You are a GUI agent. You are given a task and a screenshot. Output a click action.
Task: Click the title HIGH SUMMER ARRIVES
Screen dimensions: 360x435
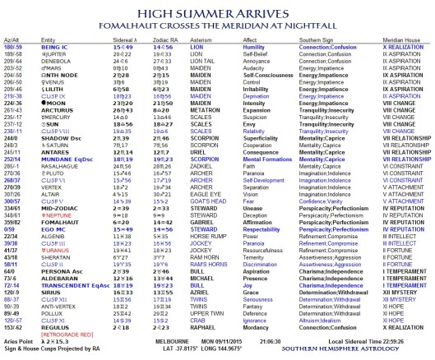[217, 8]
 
